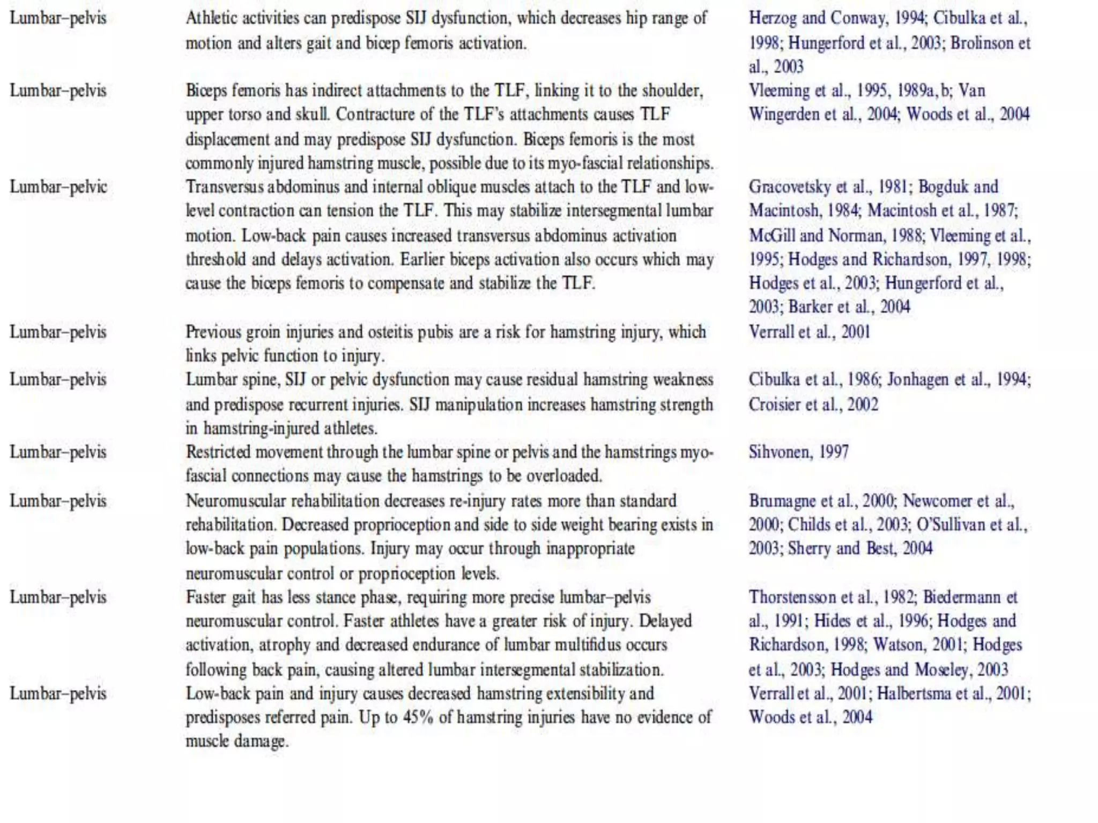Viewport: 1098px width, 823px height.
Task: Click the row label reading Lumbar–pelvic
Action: coord(58,187)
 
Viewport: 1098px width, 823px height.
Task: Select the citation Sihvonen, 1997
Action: coord(798,452)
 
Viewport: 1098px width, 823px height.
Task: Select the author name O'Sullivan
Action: coord(951,525)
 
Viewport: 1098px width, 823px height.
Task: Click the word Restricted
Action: coord(218,452)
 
